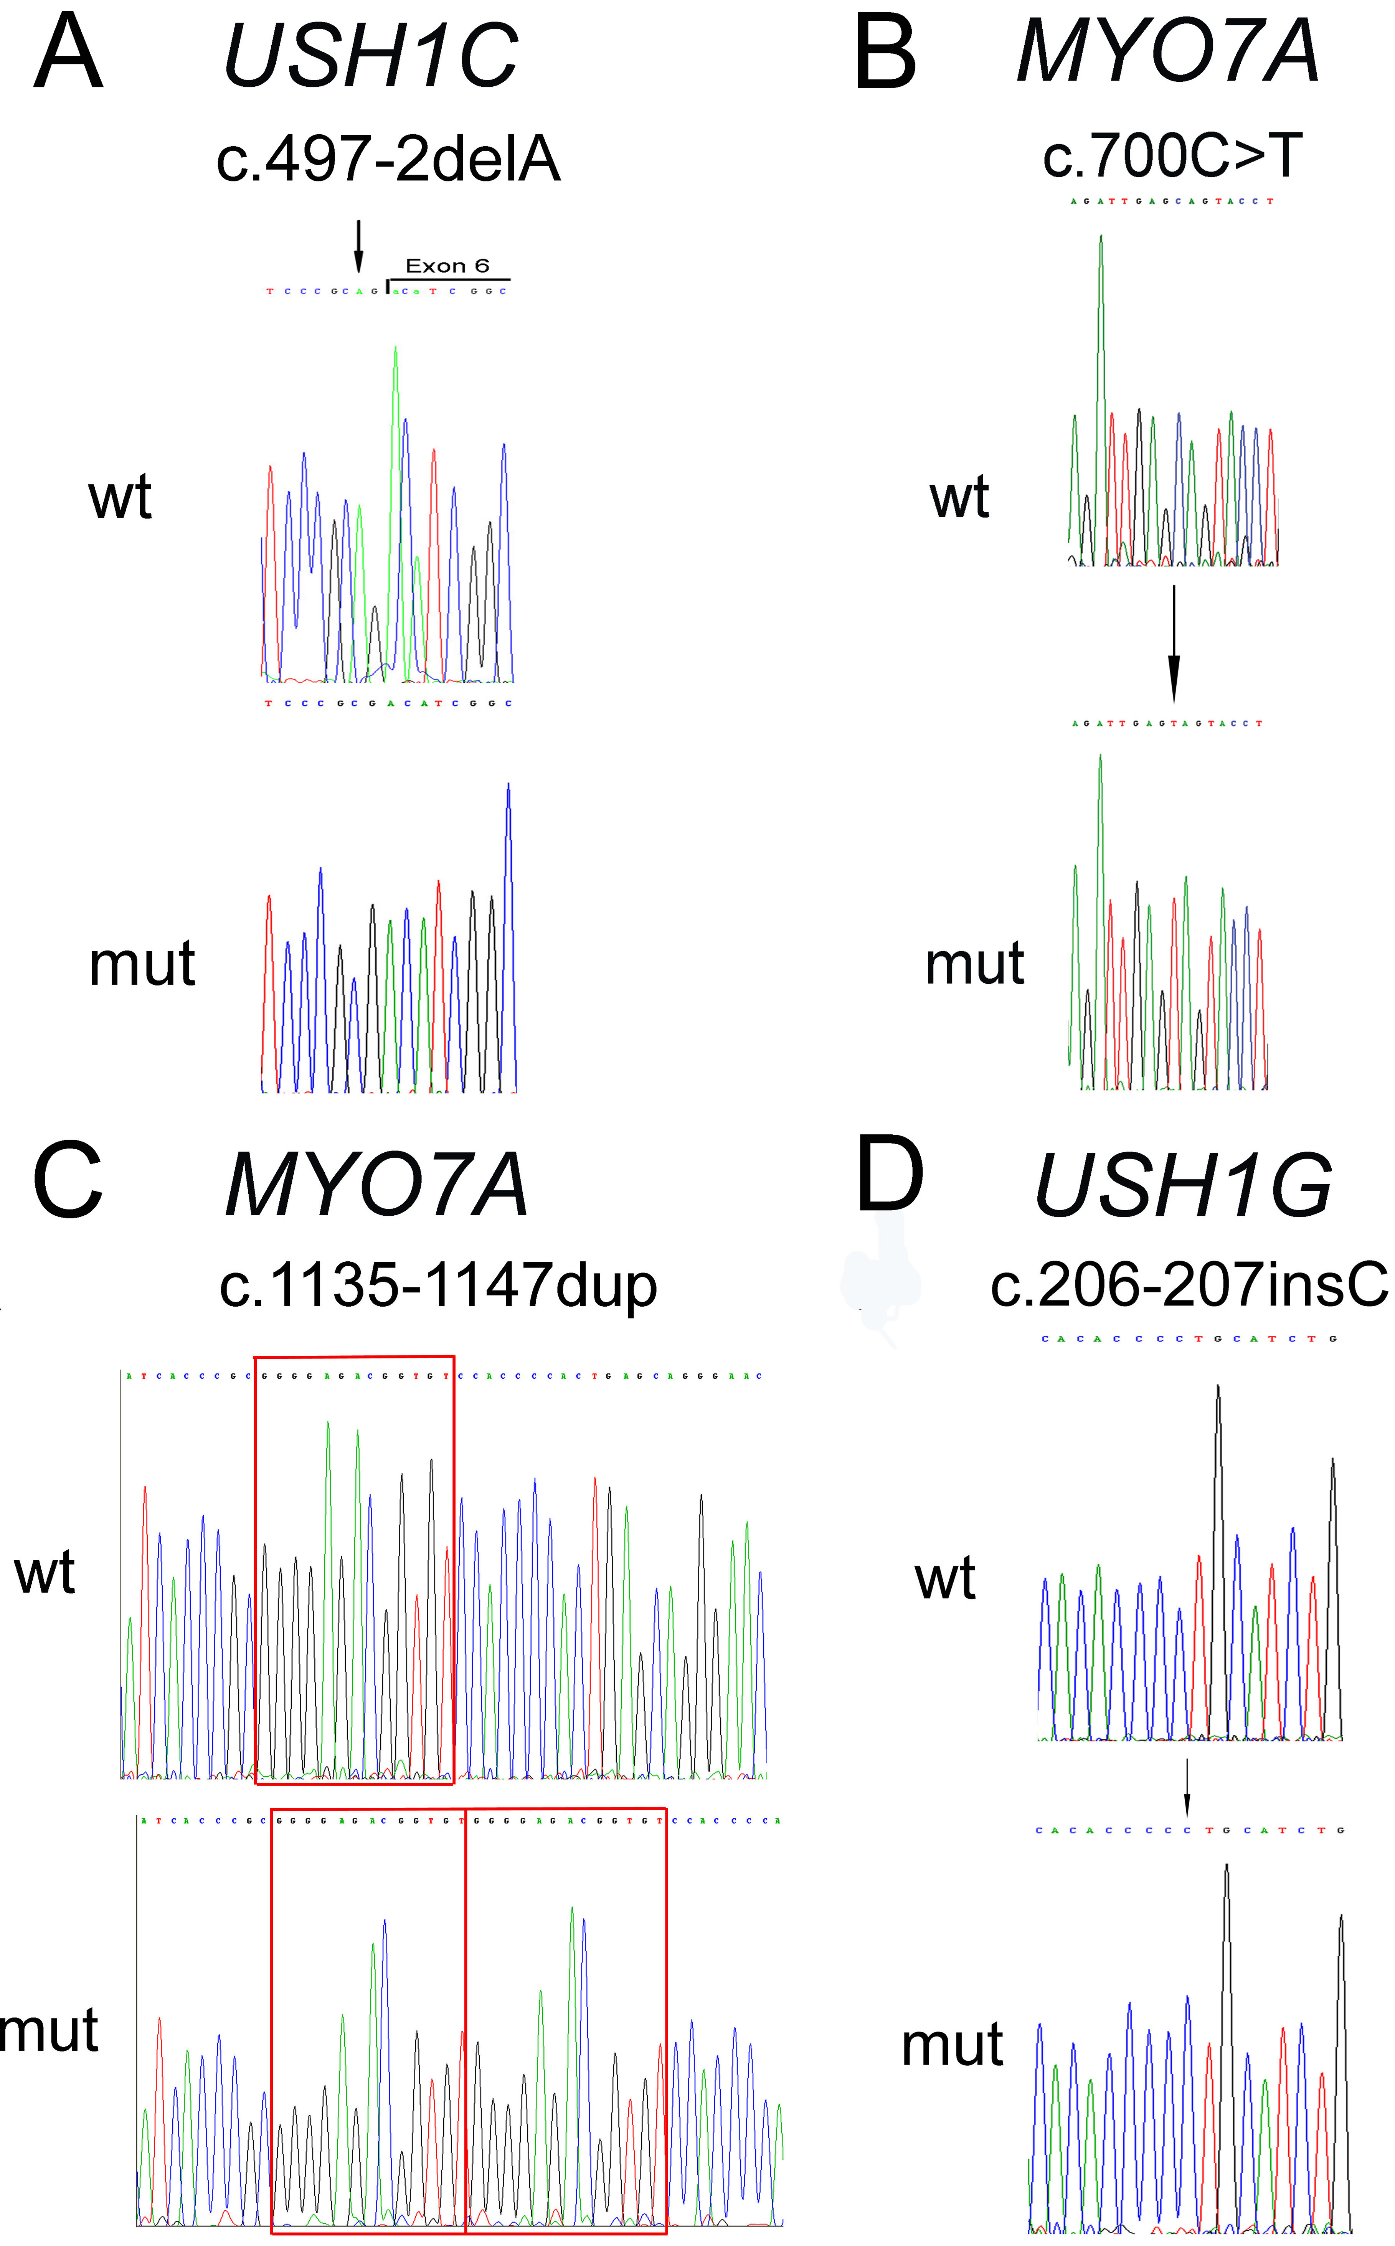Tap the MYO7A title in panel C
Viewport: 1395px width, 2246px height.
pyautogui.click(x=376, y=1187)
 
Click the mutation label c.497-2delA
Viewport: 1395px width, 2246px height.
pyautogui.click(x=388, y=158)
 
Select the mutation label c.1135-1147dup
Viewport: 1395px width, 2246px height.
pyautogui.click(x=438, y=1285)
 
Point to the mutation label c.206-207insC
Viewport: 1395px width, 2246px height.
pyautogui.click(x=1188, y=1285)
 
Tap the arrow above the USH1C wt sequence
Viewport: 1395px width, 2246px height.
pyautogui.click(x=359, y=247)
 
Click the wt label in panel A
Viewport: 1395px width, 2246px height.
pyautogui.click(x=120, y=498)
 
